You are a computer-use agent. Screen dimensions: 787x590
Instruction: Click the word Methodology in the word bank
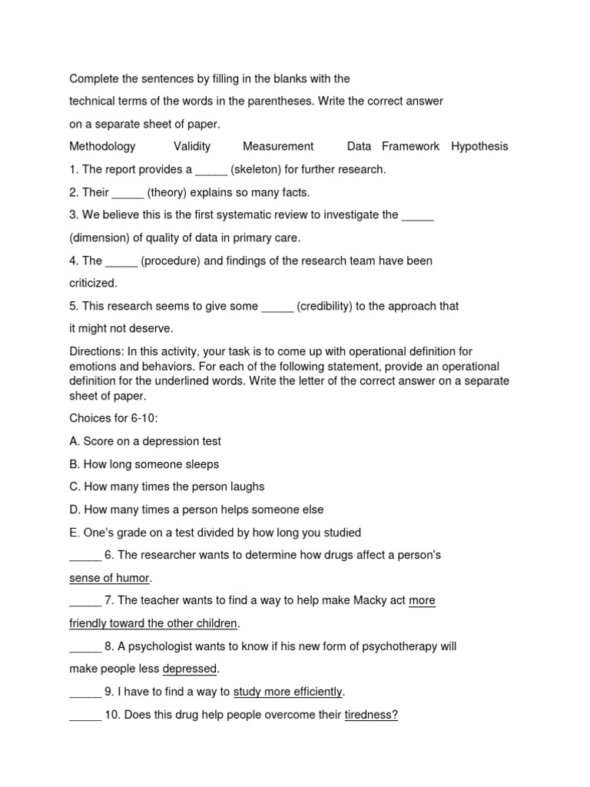pyautogui.click(x=102, y=146)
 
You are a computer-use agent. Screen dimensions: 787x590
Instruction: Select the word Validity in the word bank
pyautogui.click(x=192, y=146)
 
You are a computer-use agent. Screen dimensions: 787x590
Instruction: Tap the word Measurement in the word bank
pyautogui.click(x=278, y=146)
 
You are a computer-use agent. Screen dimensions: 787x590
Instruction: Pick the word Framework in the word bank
pyautogui.click(x=410, y=146)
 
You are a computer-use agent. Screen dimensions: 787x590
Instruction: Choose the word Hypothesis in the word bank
pyautogui.click(x=479, y=146)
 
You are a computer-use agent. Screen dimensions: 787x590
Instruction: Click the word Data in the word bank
pyautogui.click(x=359, y=146)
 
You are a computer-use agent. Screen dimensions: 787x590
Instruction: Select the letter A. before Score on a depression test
pyautogui.click(x=75, y=441)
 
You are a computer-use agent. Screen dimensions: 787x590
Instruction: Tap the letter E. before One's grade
pyautogui.click(x=75, y=532)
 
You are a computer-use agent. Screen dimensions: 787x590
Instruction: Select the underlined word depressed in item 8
pyautogui.click(x=190, y=669)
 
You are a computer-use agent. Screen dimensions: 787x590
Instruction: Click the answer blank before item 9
pyautogui.click(x=85, y=692)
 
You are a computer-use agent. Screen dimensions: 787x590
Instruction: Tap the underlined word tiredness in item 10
pyautogui.click(x=370, y=715)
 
